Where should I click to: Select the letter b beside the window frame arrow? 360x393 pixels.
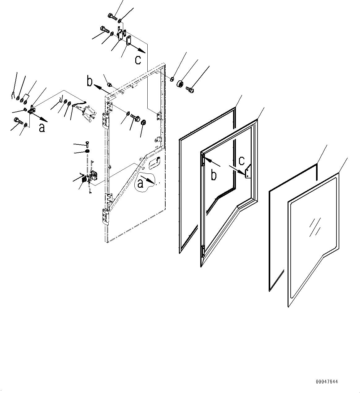coord(214,175)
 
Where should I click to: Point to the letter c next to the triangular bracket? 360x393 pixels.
coord(242,160)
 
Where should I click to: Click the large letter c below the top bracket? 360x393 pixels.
coord(138,59)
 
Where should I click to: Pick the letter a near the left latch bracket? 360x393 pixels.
coord(42,127)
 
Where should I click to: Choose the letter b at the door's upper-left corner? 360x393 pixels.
coord(90,82)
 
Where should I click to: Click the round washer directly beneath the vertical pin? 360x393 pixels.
coord(88,151)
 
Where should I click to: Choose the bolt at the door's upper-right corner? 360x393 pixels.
coord(190,89)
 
